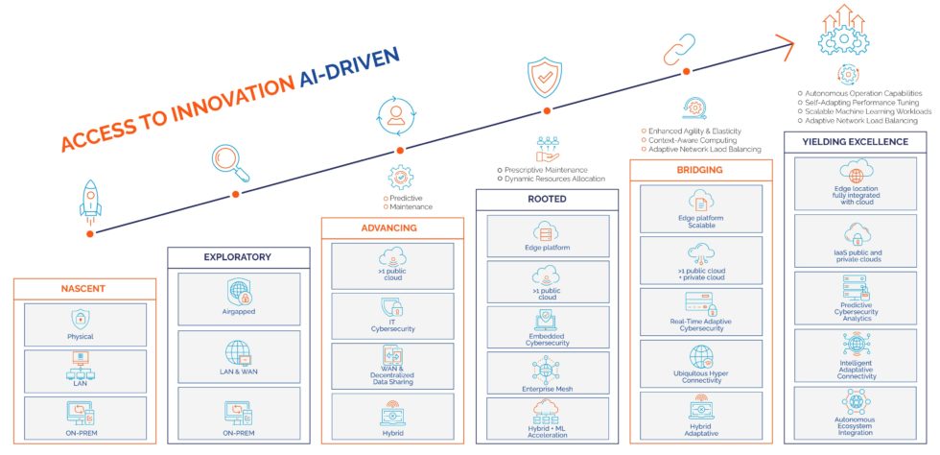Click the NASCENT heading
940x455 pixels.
(84, 288)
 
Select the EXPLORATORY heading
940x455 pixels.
(238, 257)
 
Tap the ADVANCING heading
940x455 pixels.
(391, 227)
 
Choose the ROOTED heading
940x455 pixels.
(547, 199)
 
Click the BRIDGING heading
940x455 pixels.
(700, 170)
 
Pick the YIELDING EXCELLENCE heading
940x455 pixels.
(855, 142)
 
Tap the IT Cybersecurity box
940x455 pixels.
(392, 315)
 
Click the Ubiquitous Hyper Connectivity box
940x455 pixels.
(701, 365)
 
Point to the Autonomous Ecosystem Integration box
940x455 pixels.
(855, 413)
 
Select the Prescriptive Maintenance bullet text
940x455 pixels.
(546, 170)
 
